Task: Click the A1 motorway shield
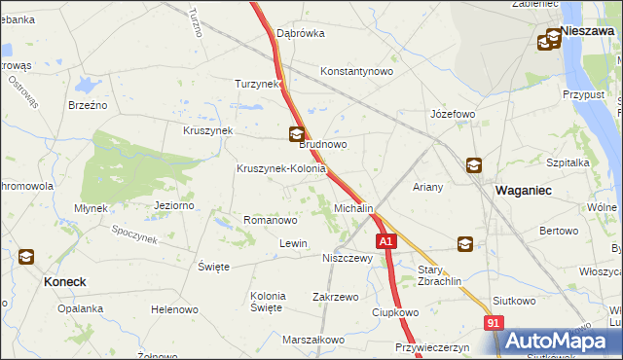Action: pyautogui.click(x=386, y=240)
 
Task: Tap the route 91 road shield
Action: pyautogui.click(x=495, y=323)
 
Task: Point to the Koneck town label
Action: pyautogui.click(x=65, y=281)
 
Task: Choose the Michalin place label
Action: pyautogui.click(x=353, y=208)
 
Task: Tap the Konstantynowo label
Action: pyautogui.click(x=356, y=71)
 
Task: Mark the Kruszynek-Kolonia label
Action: pyautogui.click(x=280, y=168)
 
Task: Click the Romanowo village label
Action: pyautogui.click(x=270, y=221)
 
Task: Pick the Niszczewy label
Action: pyautogui.click(x=348, y=259)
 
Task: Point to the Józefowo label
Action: pyautogui.click(x=453, y=114)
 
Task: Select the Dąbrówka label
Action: pyautogui.click(x=300, y=32)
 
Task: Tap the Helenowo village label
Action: pyautogui.click(x=174, y=309)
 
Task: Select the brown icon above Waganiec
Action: pyautogui.click(x=473, y=166)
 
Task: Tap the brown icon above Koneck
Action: pyautogui.click(x=26, y=258)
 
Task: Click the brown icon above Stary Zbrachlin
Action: pyautogui.click(x=466, y=244)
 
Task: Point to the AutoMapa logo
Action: pyautogui.click(x=559, y=341)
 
